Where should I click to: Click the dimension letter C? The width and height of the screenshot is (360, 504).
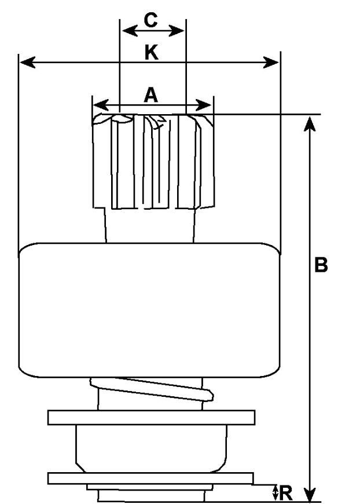150,20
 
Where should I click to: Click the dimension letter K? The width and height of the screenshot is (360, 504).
150,53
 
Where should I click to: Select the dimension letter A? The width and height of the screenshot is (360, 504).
150,94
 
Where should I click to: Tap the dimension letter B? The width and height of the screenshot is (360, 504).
321,265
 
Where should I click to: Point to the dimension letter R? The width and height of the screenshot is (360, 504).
286,494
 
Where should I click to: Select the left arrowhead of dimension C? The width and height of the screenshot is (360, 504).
126,28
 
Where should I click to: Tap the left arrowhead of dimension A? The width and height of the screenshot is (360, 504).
99,105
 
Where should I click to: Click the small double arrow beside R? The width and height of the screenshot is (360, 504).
275,493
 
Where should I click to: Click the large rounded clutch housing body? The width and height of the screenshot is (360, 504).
149,310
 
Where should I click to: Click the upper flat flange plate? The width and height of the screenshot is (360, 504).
152,417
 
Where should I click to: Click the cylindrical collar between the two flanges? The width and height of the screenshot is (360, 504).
152,448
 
